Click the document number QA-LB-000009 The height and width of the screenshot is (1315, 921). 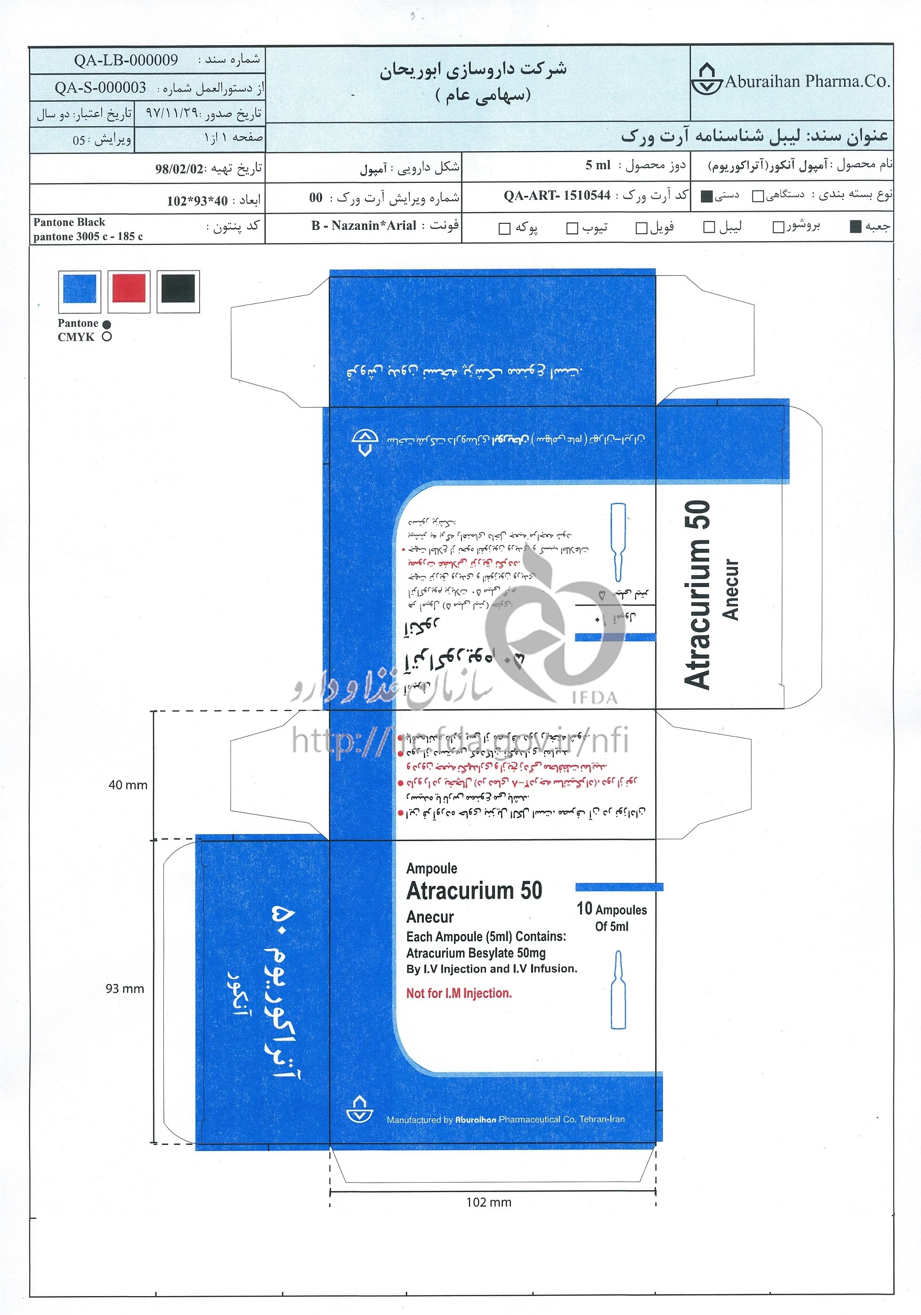click(125, 60)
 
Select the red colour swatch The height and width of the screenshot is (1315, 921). click(129, 289)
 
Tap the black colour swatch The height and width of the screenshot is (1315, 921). click(178, 289)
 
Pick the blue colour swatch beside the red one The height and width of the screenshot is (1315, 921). click(80, 289)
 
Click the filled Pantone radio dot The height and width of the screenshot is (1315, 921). click(106, 324)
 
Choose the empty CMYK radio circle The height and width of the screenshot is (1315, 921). click(106, 337)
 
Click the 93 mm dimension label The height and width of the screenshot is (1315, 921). click(125, 988)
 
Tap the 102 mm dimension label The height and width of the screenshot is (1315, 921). click(488, 1202)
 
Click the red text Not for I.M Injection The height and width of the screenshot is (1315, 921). click(459, 993)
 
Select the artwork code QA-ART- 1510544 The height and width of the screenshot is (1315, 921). click(557, 196)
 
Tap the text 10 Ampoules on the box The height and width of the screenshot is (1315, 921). click(611, 909)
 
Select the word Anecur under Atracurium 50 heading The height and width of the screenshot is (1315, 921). click(430, 917)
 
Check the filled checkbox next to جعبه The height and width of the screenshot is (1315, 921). click(856, 227)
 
